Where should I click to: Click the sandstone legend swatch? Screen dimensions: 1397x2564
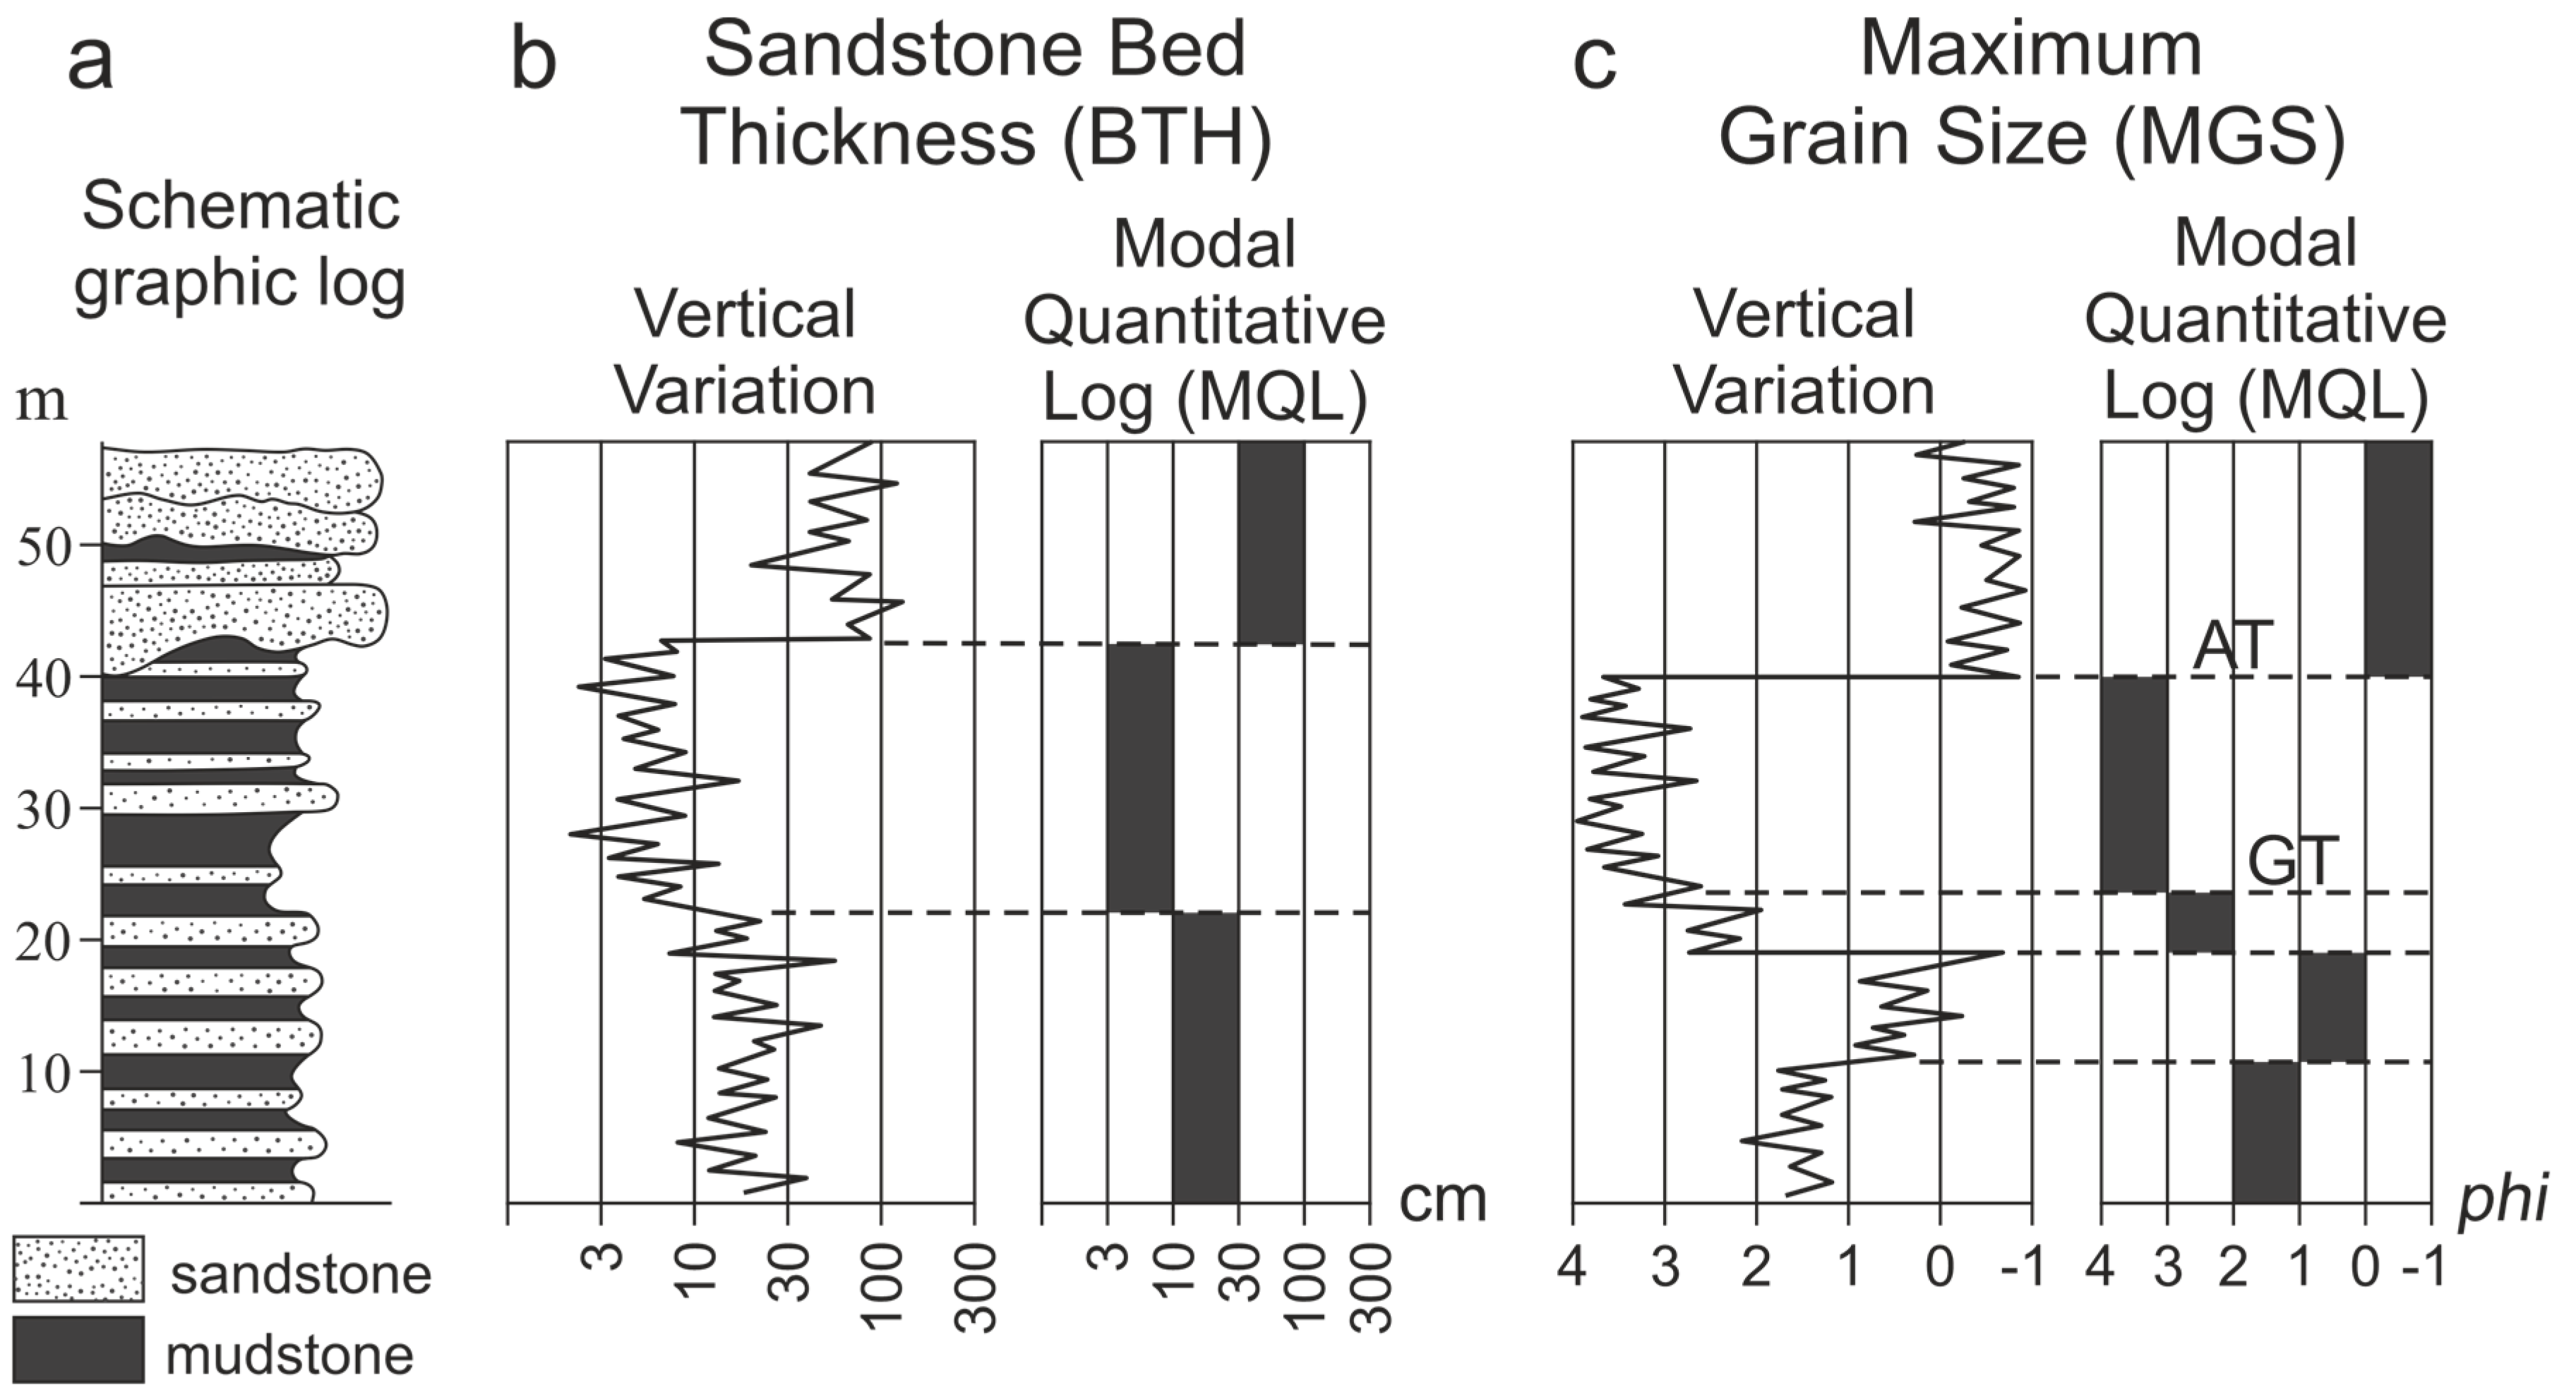pos(78,1269)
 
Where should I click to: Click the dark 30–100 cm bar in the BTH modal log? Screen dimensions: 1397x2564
pos(1271,543)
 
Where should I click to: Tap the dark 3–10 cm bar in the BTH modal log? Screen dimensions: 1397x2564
pos(1141,777)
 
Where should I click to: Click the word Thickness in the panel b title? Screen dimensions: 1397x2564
pos(861,138)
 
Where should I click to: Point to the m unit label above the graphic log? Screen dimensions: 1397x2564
pos(42,403)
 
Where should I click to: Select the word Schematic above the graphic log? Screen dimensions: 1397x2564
pos(240,206)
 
